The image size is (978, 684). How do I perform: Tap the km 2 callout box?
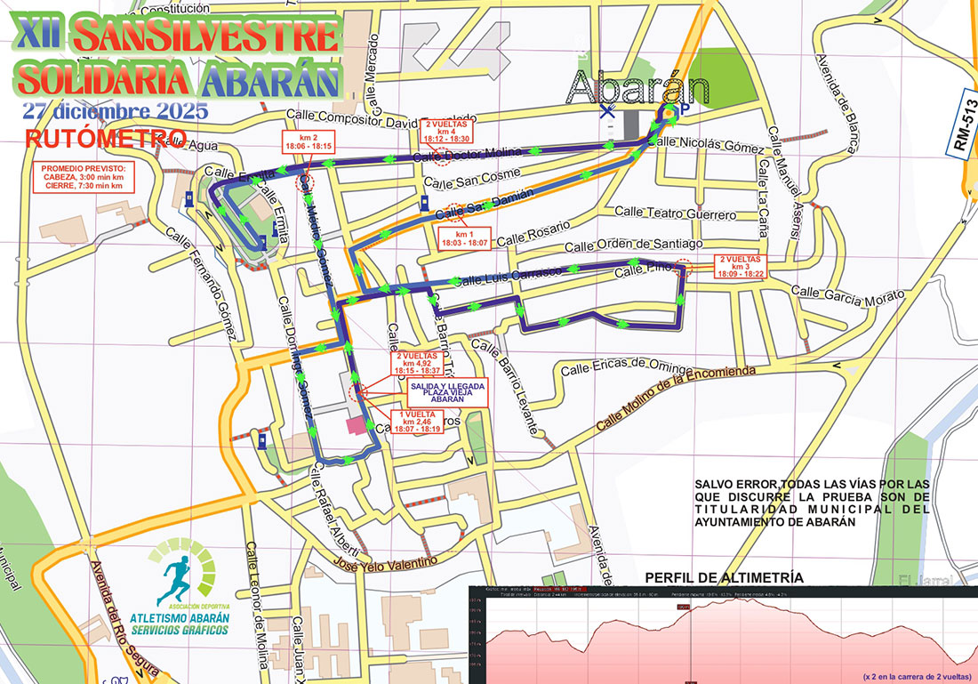tap(309, 141)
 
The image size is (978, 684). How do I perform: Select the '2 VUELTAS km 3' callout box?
tap(742, 267)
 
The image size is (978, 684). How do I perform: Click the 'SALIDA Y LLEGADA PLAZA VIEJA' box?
tap(446, 392)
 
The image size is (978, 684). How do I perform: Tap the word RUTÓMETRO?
tap(106, 138)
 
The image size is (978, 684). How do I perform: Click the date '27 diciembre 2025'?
tap(116, 112)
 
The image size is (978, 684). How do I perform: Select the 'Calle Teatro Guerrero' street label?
tap(676, 214)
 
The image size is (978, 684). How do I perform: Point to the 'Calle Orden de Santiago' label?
tap(633, 245)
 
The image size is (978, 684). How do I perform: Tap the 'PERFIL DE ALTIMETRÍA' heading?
tap(724, 577)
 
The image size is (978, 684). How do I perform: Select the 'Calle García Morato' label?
tap(833, 294)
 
